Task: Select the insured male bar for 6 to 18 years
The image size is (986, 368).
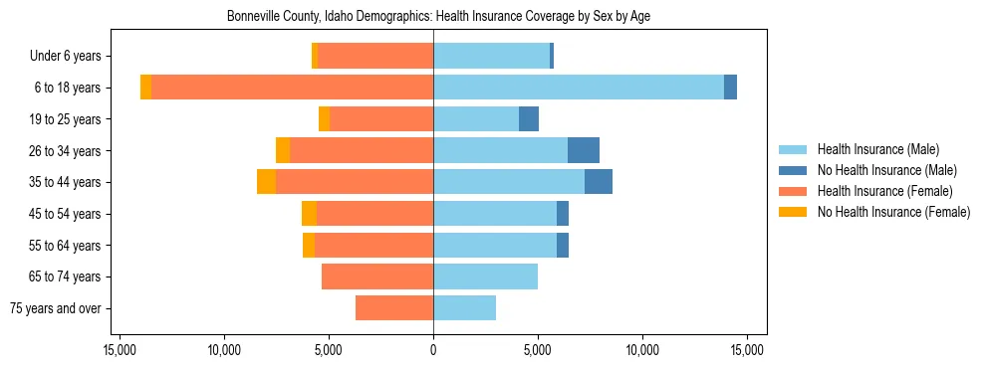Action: pos(578,88)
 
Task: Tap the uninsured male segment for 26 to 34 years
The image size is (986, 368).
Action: pos(584,150)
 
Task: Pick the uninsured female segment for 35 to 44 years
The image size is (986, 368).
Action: pos(266,182)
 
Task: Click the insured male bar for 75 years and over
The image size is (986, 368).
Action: pos(464,308)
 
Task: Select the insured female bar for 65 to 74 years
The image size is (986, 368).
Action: pos(377,276)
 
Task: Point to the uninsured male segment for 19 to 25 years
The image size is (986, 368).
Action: pos(529,119)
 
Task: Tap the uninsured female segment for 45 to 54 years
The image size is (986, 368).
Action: pos(309,214)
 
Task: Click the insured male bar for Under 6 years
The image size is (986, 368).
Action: pos(491,56)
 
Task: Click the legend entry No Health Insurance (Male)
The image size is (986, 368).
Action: pos(886,170)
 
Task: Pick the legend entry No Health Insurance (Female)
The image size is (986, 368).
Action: pos(892,212)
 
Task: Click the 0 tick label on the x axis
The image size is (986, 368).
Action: pos(433,350)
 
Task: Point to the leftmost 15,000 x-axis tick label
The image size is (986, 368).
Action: pos(120,350)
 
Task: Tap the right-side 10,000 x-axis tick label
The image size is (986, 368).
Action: pos(642,350)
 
